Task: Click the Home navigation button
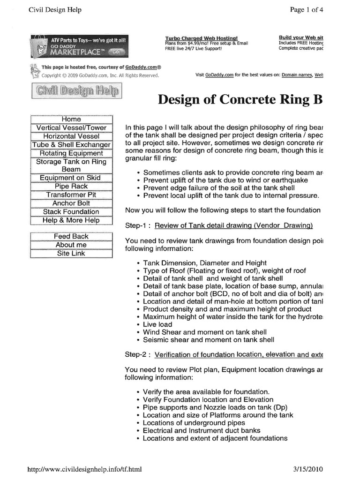click(x=71, y=120)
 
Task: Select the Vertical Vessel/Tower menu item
click(x=71, y=128)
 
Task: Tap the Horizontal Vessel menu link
click(x=71, y=136)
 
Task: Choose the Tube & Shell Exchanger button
click(x=71, y=145)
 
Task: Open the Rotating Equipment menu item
click(x=71, y=153)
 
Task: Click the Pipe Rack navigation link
click(x=71, y=187)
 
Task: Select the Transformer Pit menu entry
click(x=71, y=195)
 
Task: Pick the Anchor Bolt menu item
click(x=71, y=203)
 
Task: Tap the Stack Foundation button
click(x=71, y=212)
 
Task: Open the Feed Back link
click(x=71, y=237)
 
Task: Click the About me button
click(x=71, y=245)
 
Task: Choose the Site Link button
click(x=71, y=254)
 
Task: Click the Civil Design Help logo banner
click(x=75, y=91)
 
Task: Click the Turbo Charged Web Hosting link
click(x=201, y=38)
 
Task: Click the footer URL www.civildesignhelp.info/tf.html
click(x=84, y=468)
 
